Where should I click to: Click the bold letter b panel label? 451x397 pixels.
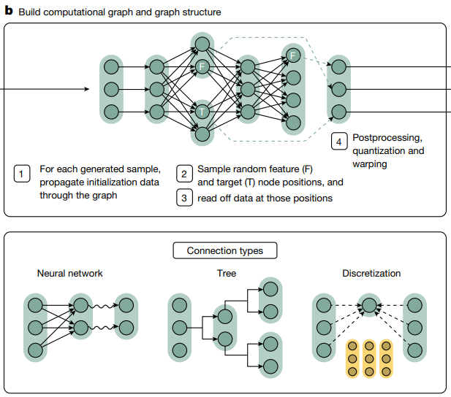[x=7, y=12]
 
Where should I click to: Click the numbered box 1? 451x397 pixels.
[x=22, y=174]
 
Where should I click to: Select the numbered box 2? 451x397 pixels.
[x=184, y=174]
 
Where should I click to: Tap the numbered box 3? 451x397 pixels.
[x=184, y=198]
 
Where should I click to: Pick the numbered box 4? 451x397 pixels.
[x=338, y=141]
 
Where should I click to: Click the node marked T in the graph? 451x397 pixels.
[x=202, y=112]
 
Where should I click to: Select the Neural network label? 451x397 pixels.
[x=70, y=274]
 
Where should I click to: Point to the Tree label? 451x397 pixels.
[x=227, y=274]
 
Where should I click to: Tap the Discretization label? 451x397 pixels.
[x=371, y=274]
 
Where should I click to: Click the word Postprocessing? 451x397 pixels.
[x=387, y=138]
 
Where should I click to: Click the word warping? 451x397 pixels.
[x=370, y=164]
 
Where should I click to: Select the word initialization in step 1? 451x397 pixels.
[x=125, y=182]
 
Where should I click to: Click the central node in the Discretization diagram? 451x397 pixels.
[x=370, y=306]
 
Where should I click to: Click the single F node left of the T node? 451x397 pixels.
[x=202, y=67]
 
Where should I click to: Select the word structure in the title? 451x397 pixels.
[x=200, y=12]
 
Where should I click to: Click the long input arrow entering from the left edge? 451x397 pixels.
[x=44, y=90]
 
